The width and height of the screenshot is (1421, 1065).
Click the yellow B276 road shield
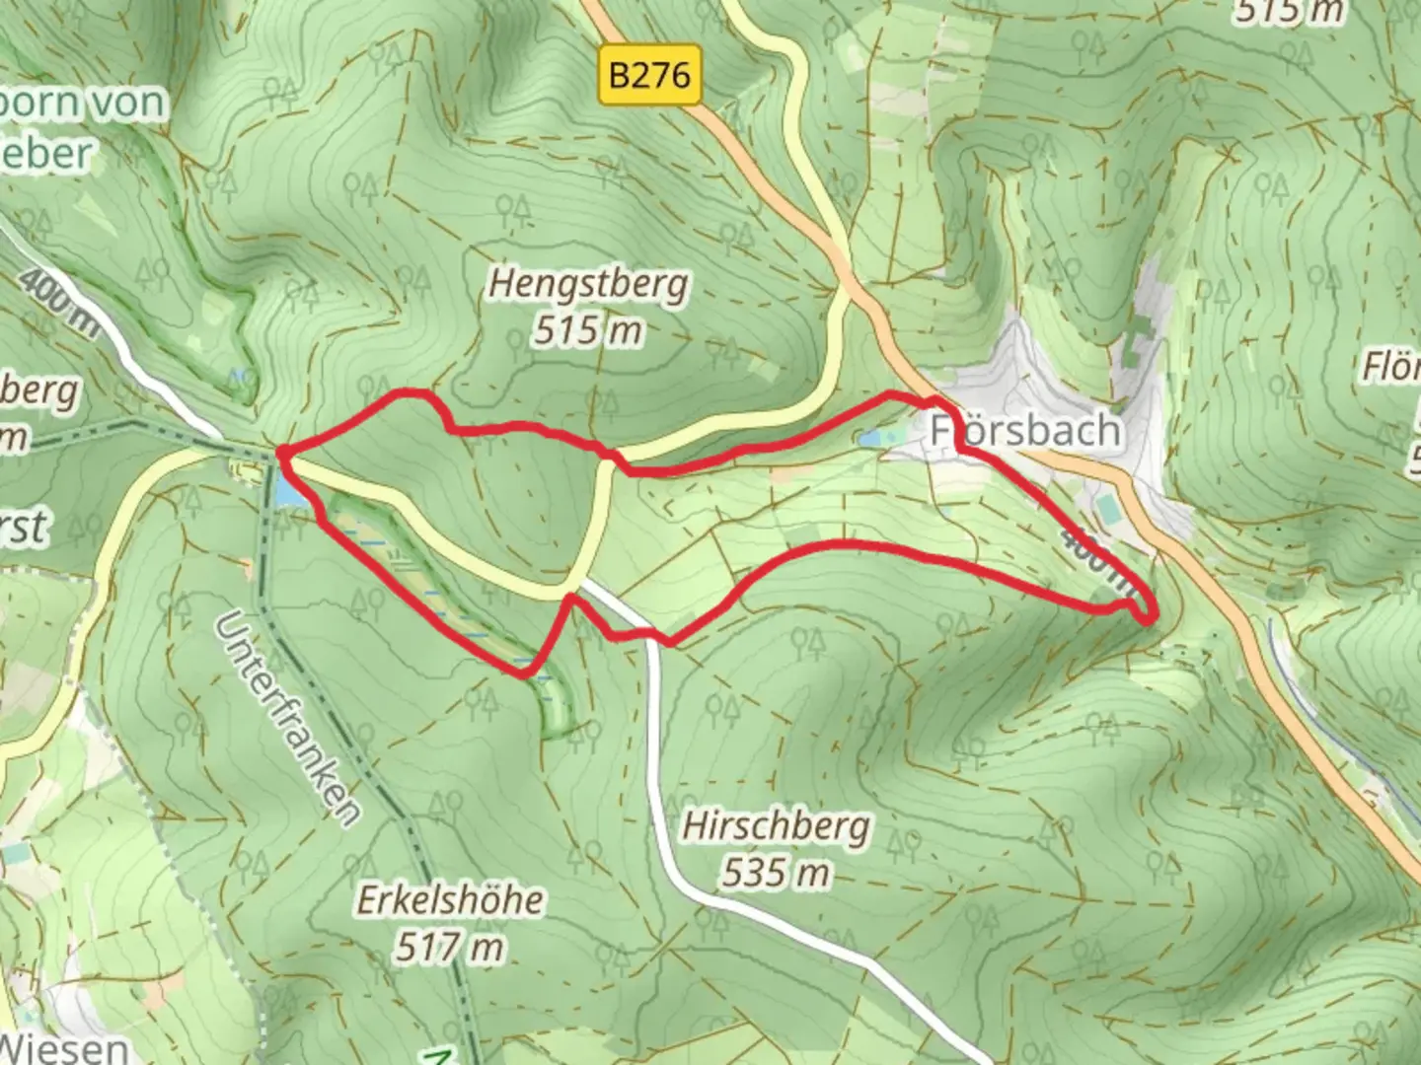click(649, 75)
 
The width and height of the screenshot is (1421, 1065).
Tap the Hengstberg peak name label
click(588, 284)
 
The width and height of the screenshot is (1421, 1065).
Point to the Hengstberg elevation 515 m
click(588, 330)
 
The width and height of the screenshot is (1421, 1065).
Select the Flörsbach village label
click(1025, 431)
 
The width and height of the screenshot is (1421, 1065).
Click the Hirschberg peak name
click(776, 826)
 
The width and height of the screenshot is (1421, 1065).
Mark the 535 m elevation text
click(776, 873)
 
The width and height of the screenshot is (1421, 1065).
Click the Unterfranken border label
click(286, 717)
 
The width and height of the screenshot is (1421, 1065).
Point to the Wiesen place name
click(63, 1047)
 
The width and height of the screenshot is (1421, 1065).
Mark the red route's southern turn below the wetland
click(523, 673)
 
